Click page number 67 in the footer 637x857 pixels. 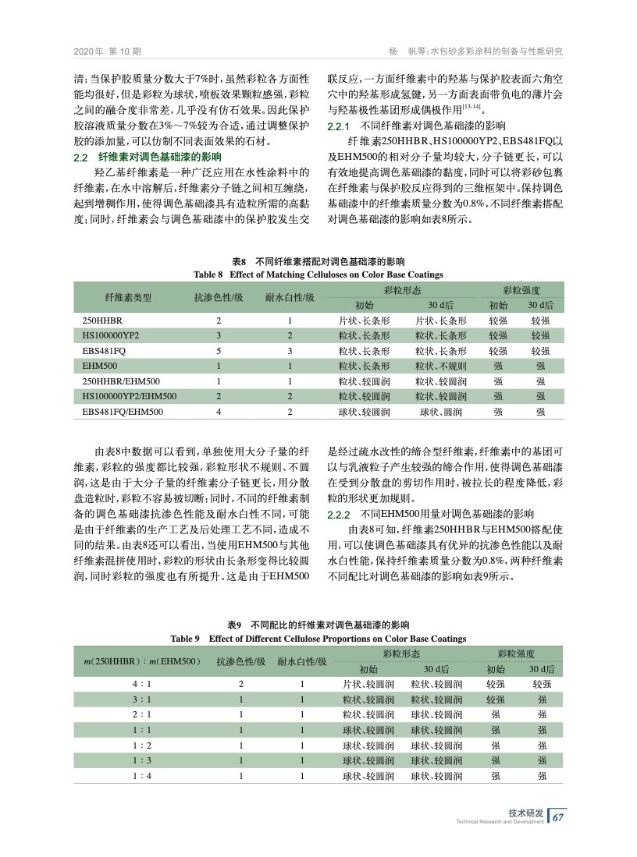pyautogui.click(x=557, y=817)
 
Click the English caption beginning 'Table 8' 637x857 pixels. pyautogui.click(x=318, y=274)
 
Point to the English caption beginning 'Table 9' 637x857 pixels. pyautogui.click(x=318, y=639)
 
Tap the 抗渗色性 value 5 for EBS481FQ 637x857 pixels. pyautogui.click(x=219, y=350)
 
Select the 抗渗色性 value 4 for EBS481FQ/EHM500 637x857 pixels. pyautogui.click(x=219, y=411)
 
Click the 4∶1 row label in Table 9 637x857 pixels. pyautogui.click(x=141, y=684)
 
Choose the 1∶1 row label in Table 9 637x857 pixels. pyautogui.click(x=141, y=730)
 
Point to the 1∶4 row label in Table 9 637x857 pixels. pyautogui.click(x=141, y=776)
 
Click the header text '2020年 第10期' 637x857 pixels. pyautogui.click(x=107, y=51)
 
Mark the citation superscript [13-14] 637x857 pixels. pyautogui.click(x=471, y=106)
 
